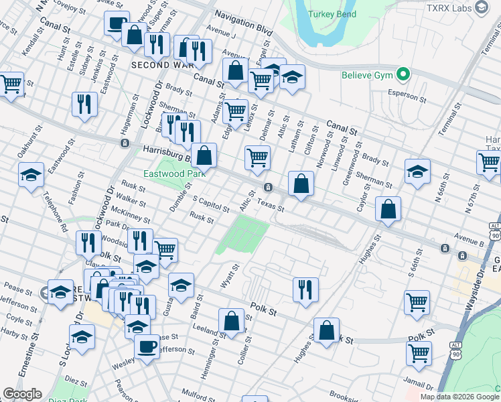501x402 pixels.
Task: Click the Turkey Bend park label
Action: [332, 14]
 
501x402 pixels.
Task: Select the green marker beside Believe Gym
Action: [403, 74]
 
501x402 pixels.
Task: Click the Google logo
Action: [23, 394]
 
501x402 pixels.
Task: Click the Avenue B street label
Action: [468, 235]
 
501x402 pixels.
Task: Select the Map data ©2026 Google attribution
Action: [455, 397]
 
